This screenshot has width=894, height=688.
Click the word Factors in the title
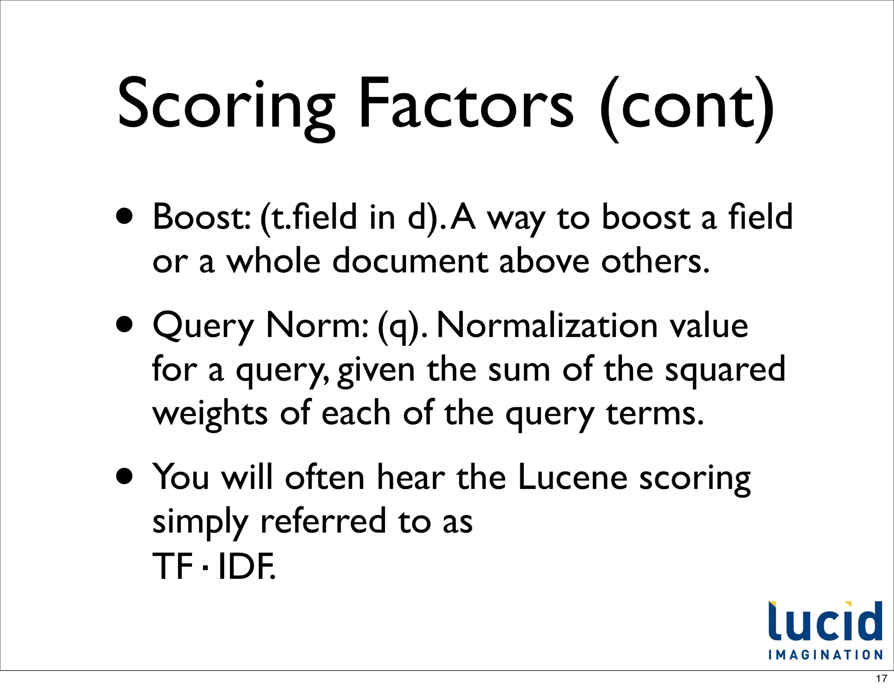465,105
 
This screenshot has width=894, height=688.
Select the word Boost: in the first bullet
202,217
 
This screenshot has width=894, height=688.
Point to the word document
410,261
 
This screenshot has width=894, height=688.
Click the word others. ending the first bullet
655,261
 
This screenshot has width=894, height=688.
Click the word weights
210,414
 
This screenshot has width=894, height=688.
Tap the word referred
323,521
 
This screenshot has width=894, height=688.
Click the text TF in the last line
173,566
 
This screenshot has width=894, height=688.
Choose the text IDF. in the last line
246,566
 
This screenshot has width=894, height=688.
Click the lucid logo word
825,622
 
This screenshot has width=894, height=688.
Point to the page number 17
881,678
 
